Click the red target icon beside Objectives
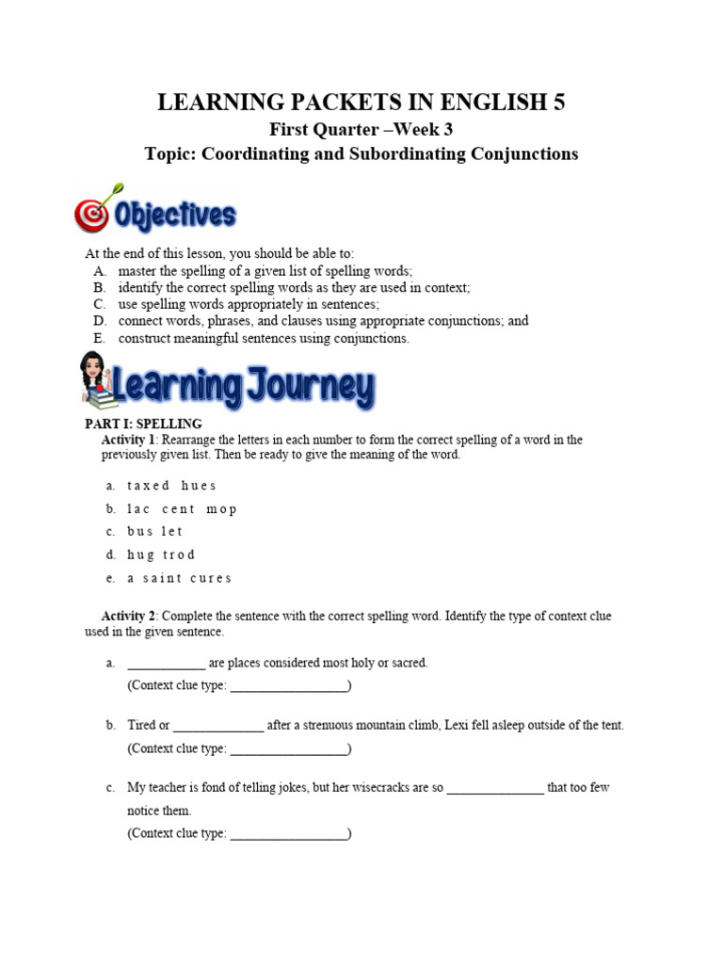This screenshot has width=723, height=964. [x=92, y=216]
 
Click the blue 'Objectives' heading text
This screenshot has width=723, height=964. [x=174, y=216]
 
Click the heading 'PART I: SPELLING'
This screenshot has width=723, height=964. [x=143, y=425]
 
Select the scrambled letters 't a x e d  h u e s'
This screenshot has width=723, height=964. [x=171, y=486]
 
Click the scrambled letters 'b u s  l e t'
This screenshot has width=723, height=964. [x=155, y=532]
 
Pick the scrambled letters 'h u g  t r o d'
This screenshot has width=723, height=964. [x=161, y=554]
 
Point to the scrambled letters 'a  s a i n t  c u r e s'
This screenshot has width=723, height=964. [x=179, y=578]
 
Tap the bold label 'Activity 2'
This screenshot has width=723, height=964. [x=122, y=616]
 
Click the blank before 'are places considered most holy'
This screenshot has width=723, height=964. [x=166, y=663]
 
